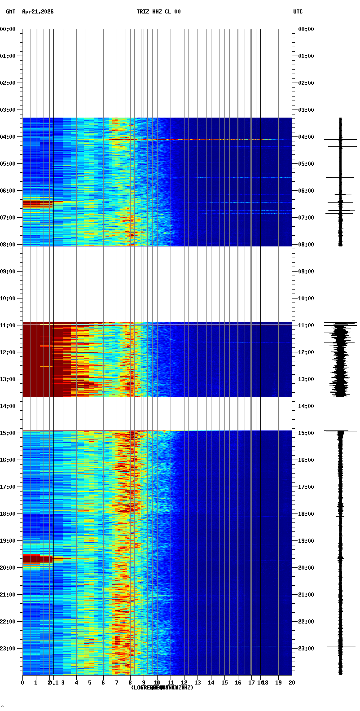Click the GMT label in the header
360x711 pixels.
tap(10, 12)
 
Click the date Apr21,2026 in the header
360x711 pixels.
tap(38, 12)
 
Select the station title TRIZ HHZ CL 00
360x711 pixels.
tap(158, 12)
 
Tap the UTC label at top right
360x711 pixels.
tap(298, 12)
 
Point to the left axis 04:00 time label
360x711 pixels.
tap(9, 137)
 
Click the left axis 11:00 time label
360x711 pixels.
tap(9, 325)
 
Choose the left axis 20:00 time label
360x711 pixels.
tap(9, 568)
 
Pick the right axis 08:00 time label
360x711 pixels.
tap(307, 245)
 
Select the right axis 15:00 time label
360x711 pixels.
tap(307, 433)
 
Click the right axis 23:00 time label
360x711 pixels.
tap(307, 649)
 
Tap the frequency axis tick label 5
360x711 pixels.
tap(90, 683)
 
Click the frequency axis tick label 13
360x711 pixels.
tap(198, 683)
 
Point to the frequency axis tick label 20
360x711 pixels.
tap(292, 683)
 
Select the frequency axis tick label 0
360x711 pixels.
tap(22, 683)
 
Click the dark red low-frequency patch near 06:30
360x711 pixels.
tap(37, 205)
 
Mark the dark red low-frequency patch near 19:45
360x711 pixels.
tap(37, 559)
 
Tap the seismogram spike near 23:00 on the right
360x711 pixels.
tap(341, 646)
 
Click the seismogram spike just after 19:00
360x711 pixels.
tap(340, 546)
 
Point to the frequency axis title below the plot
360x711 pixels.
tap(162, 688)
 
